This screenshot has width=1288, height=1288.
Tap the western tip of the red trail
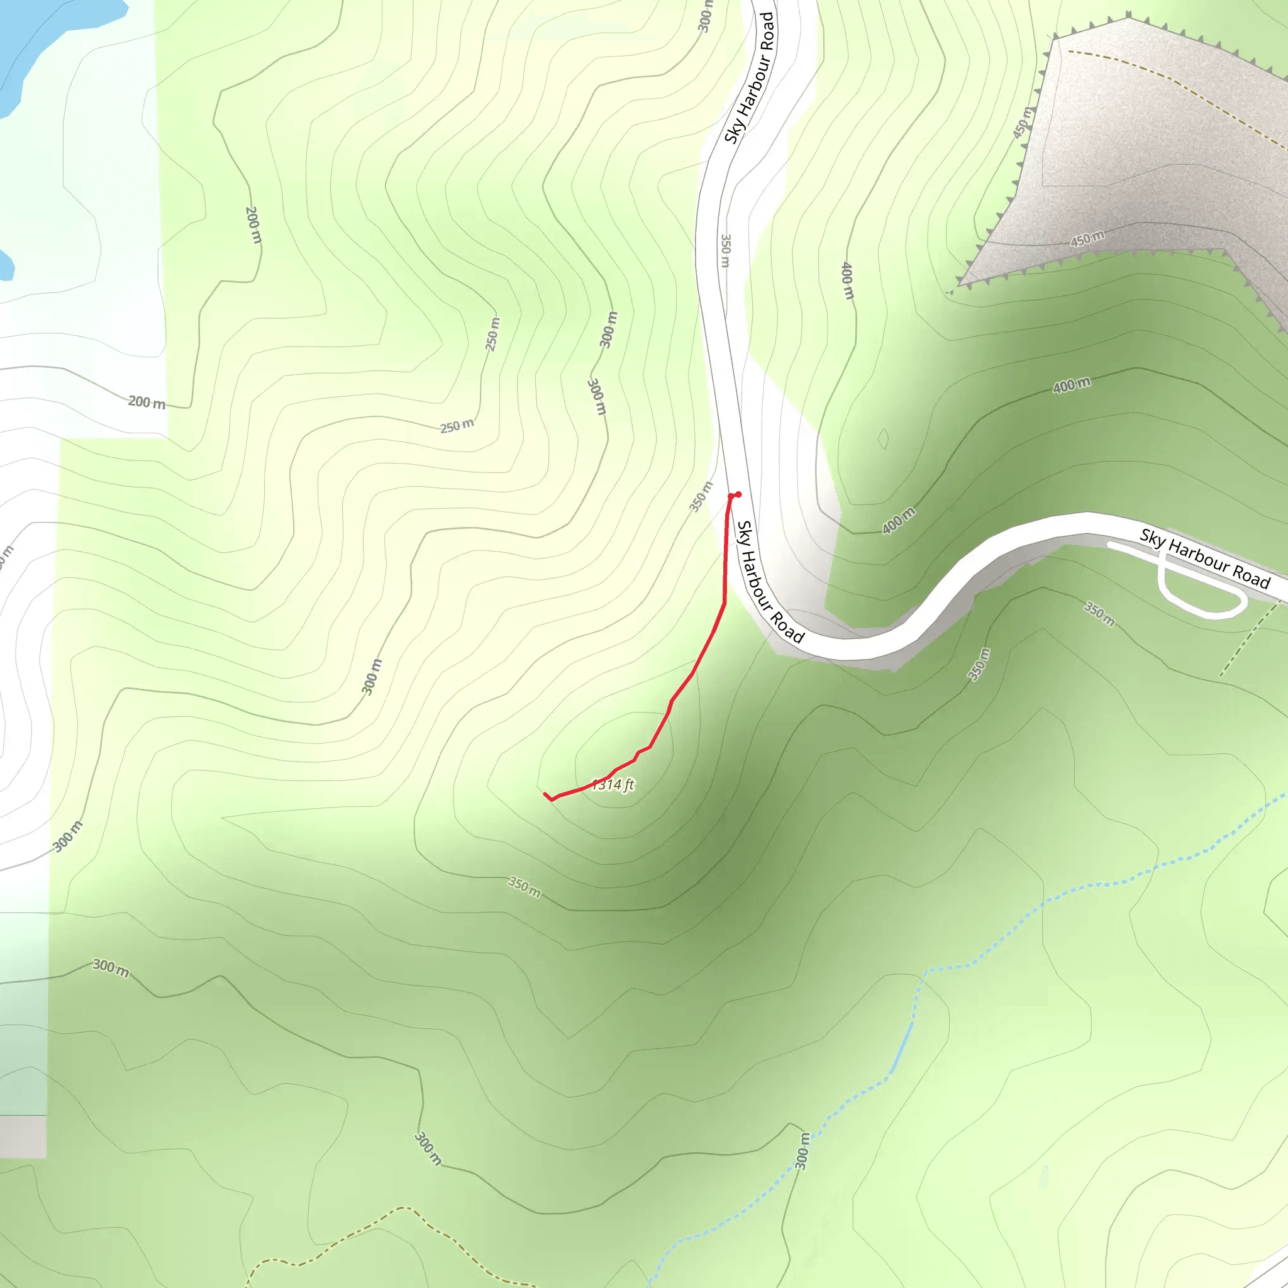point(545,793)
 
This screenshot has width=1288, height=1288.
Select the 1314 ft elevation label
point(613,785)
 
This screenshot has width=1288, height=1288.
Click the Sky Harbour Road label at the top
point(749,78)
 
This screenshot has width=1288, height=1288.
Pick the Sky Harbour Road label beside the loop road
point(1204,558)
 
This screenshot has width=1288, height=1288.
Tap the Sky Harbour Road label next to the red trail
point(770,581)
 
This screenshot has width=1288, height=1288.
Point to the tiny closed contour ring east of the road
point(884,439)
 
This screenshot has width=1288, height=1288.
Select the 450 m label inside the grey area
point(1087,238)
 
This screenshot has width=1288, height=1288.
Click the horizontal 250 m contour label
point(457,425)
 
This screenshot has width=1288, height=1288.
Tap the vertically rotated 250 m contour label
point(492,335)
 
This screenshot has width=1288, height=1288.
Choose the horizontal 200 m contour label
point(147,402)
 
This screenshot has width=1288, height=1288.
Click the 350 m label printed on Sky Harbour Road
point(726,251)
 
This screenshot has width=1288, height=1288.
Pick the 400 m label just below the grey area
point(1071,385)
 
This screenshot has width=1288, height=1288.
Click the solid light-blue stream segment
point(902,1047)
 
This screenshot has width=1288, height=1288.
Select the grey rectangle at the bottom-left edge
point(23,1136)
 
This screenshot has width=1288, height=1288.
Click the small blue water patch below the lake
point(5,265)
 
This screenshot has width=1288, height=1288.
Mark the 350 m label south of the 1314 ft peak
point(525,887)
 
